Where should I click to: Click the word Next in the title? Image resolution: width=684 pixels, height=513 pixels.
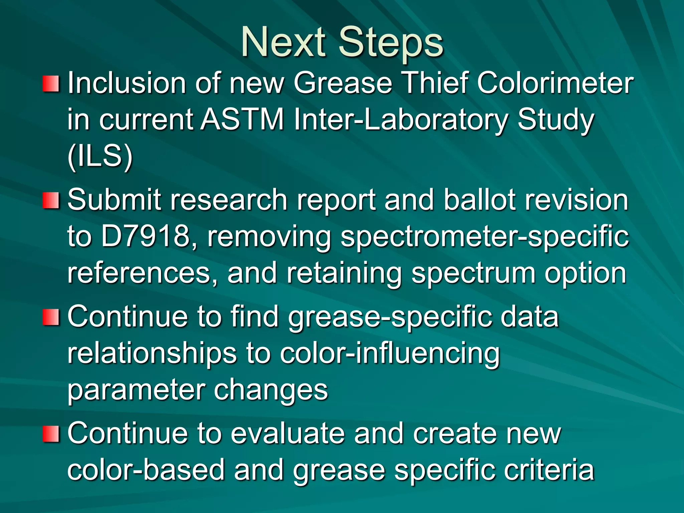click(283, 43)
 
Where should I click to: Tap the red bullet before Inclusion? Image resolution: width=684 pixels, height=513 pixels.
click(51, 84)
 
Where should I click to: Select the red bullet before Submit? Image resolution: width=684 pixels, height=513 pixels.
click(51, 200)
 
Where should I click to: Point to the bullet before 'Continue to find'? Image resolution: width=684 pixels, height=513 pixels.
click(51, 317)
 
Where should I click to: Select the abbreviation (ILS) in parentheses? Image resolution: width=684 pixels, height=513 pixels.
click(100, 156)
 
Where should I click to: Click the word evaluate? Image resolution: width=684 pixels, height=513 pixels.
click(288, 434)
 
